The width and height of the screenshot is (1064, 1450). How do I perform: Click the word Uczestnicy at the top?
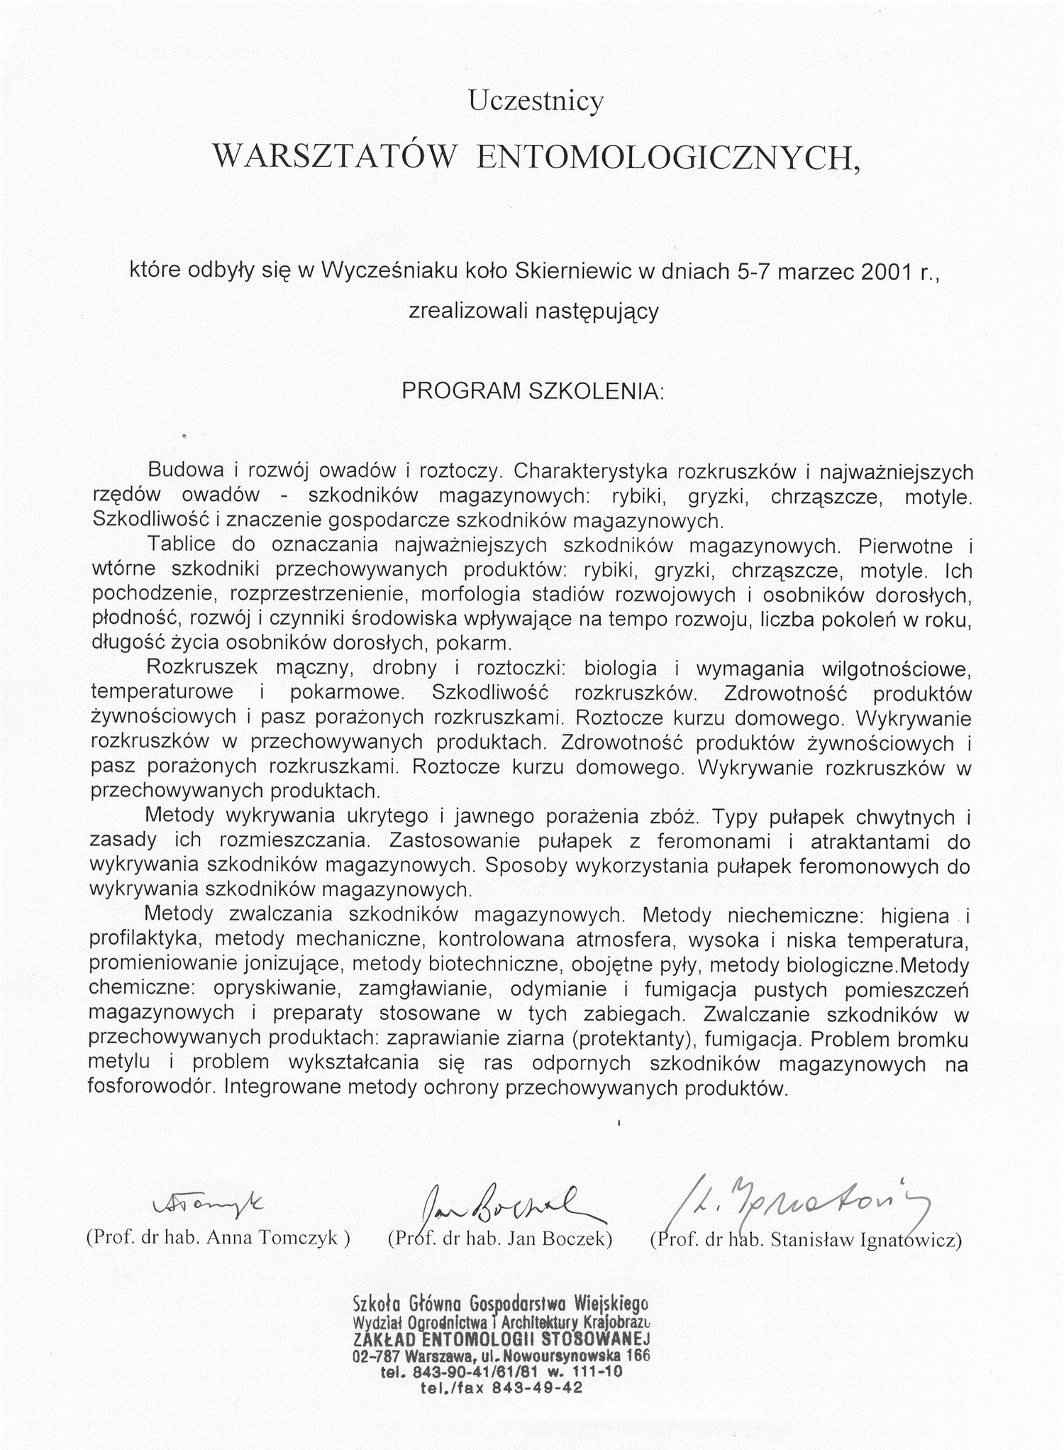(536, 101)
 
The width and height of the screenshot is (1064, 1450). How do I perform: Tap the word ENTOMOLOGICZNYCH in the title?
(667, 158)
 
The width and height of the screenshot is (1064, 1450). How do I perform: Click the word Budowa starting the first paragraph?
(181, 471)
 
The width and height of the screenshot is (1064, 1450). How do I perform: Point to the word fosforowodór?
(149, 1088)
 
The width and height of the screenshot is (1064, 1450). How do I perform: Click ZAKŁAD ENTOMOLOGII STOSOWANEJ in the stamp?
(501, 1339)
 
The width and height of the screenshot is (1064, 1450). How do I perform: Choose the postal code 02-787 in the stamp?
(372, 1356)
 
